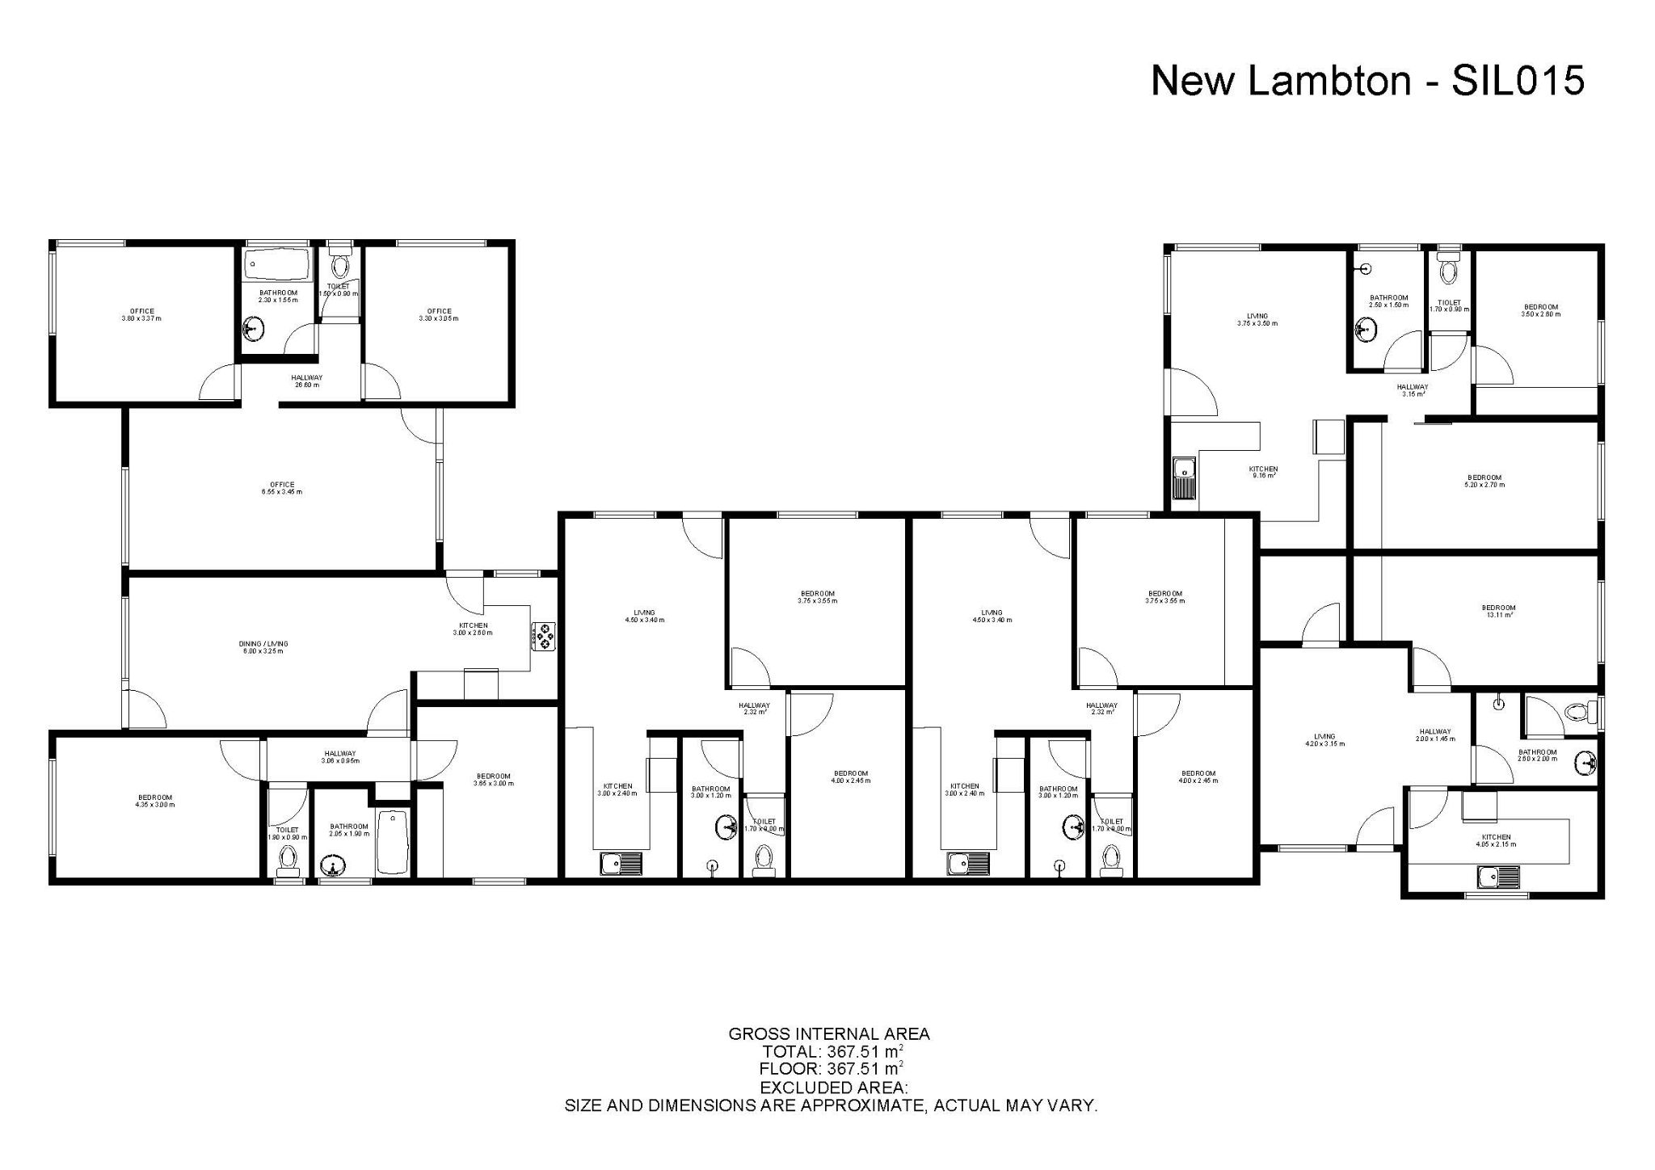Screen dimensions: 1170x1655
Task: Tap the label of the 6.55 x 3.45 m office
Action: pos(282,488)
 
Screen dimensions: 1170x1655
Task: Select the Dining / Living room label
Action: pos(263,647)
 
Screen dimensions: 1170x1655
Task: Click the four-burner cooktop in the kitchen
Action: pos(543,636)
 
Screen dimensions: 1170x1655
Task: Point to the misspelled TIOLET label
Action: pos(1449,305)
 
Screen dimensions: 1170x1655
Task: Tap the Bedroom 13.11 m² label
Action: pos(1499,611)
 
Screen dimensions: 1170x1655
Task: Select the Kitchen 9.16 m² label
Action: pos(1263,472)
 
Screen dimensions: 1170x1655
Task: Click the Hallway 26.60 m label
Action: pos(307,381)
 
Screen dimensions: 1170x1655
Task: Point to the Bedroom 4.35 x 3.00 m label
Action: pos(154,801)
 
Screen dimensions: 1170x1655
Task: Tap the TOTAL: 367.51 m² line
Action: pos(832,1052)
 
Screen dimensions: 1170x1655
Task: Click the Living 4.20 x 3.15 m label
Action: pos(1324,739)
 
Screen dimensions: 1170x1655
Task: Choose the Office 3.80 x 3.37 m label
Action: pos(142,314)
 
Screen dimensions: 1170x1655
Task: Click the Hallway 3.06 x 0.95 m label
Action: pos(339,757)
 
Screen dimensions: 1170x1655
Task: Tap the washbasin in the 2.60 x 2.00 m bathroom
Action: pos(1586,762)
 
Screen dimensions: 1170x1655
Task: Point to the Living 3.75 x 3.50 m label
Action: pos(1257,319)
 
